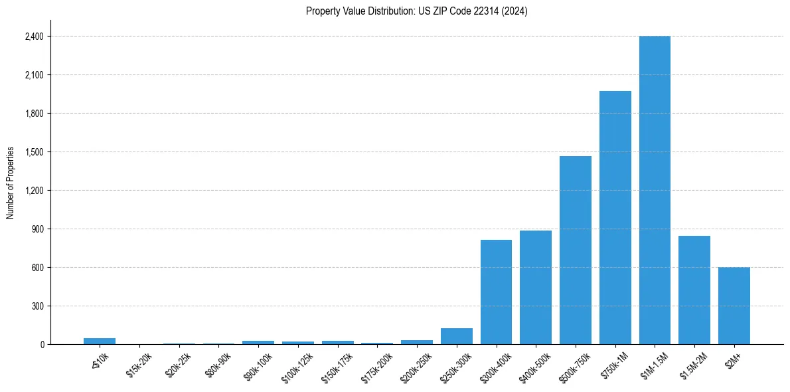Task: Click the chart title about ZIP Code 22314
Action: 416,11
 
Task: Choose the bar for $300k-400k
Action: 496,292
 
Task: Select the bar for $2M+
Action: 734,306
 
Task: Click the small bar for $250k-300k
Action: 456,336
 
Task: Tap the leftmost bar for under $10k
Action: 100,341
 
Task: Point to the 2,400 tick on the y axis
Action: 34,37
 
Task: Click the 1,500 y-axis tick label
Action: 34,152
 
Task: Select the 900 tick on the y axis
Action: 37,229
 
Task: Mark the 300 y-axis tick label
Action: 37,306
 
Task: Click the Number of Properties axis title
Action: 11,182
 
